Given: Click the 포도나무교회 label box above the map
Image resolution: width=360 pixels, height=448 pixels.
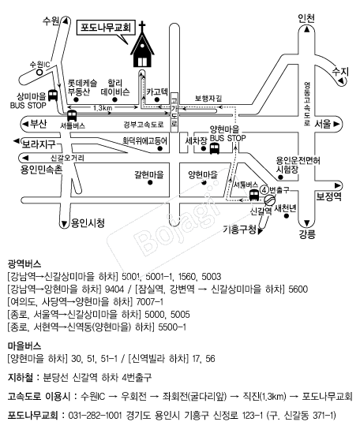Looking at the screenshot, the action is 106,28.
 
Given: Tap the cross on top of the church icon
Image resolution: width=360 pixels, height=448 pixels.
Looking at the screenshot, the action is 142,25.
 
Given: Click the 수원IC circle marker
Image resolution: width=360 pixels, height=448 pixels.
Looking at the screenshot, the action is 39,72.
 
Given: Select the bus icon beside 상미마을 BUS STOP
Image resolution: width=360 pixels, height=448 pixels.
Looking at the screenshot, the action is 53,95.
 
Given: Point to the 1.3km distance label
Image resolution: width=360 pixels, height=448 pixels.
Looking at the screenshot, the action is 103,108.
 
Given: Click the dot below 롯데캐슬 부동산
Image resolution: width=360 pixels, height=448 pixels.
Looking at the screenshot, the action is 76,99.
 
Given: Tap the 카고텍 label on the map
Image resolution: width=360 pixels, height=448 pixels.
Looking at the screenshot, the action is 157,92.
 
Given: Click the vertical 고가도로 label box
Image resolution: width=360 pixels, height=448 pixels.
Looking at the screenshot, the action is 174,112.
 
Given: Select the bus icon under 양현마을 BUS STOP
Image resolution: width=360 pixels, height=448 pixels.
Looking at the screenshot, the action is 215,148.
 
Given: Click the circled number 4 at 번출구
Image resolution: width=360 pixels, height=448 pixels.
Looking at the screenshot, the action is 264,189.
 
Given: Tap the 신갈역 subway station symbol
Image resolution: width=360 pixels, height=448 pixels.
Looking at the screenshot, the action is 268,200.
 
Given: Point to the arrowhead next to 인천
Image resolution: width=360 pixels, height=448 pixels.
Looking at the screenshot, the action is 307,29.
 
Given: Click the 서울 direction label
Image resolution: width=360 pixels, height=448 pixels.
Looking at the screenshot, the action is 323,124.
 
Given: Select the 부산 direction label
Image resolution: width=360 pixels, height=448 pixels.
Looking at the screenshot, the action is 39,124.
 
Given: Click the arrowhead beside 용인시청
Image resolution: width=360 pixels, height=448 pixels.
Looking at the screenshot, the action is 64,223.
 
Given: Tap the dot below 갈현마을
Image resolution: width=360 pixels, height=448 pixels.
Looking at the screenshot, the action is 150,182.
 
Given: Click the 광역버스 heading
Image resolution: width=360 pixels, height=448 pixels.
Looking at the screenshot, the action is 24,263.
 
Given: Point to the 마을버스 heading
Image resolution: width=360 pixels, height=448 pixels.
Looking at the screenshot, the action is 24,346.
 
